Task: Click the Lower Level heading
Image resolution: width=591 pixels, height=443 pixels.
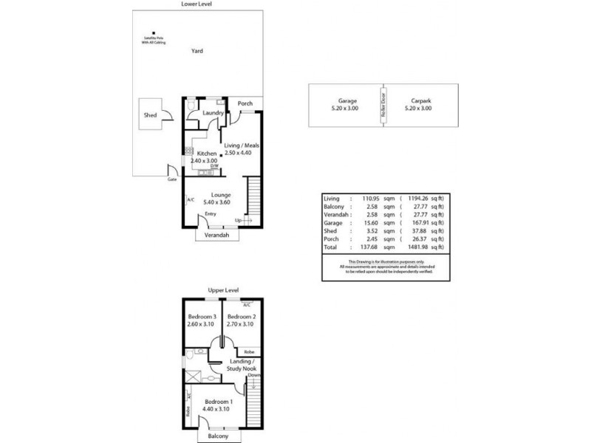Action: [197, 4]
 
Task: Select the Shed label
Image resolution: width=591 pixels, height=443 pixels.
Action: [150, 116]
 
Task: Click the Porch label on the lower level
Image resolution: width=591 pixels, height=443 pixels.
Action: [245, 104]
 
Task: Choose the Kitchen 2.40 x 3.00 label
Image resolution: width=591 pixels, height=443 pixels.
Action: [203, 157]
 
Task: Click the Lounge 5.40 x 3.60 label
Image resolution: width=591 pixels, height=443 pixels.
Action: [222, 198]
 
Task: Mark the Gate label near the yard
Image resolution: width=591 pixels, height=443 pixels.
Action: [171, 179]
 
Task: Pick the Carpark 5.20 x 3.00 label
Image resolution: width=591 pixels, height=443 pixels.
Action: [418, 105]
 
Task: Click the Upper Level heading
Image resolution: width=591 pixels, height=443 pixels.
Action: [221, 291]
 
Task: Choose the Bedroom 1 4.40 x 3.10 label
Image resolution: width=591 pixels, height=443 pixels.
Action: [219, 405]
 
